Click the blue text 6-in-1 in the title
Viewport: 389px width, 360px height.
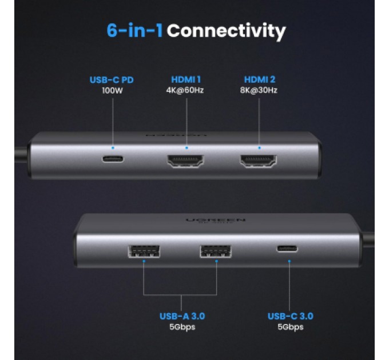point(134,30)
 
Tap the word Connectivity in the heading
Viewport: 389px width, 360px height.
point(226,30)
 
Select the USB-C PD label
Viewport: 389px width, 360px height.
point(112,79)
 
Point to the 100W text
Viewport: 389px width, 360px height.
point(112,90)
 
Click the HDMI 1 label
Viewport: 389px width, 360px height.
point(185,79)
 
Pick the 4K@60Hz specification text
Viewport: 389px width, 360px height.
point(185,90)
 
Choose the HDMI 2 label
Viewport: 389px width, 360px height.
point(260,79)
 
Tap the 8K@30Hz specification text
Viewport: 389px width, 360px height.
point(260,90)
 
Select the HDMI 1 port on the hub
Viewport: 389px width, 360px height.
point(186,161)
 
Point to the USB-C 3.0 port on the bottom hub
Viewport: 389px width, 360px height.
point(289,249)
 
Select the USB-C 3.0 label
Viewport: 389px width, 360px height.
point(290,316)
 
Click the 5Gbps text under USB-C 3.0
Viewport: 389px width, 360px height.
point(290,327)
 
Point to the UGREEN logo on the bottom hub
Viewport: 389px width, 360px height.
point(216,220)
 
